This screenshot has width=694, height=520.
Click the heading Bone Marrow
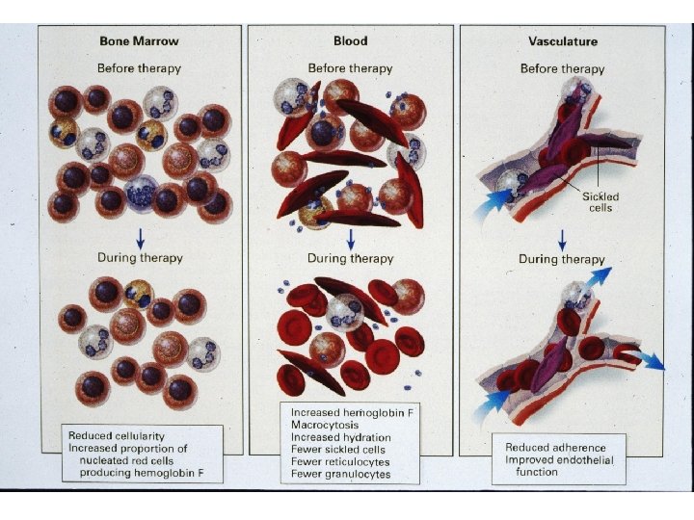(x=139, y=41)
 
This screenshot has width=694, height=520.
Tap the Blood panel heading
(x=350, y=41)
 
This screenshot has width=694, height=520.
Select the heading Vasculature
(x=562, y=41)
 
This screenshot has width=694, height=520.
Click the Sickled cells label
(x=600, y=201)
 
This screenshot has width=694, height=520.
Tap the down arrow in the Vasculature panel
(x=562, y=236)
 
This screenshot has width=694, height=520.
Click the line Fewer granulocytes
(x=340, y=474)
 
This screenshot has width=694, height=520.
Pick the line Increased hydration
(x=341, y=437)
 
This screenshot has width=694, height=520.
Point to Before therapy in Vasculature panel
(x=562, y=68)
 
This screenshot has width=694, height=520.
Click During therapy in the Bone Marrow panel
(x=140, y=258)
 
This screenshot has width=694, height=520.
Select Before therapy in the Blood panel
(x=350, y=68)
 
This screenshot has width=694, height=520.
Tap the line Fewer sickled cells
(x=338, y=449)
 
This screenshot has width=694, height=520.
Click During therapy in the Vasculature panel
(x=562, y=259)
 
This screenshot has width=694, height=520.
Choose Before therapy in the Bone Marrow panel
(x=139, y=68)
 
